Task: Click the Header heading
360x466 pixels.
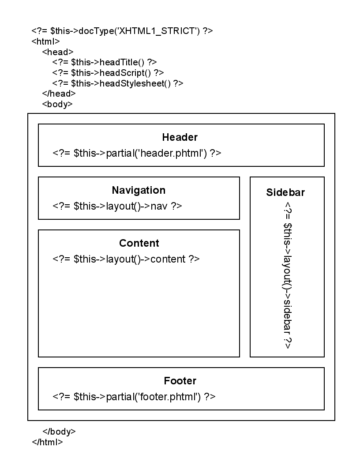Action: click(180, 137)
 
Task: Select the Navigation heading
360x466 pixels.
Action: click(139, 190)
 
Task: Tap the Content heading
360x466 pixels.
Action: click(139, 243)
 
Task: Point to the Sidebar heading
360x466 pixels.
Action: click(285, 192)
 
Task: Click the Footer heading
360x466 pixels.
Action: click(180, 381)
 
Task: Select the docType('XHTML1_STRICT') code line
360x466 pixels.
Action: click(122, 31)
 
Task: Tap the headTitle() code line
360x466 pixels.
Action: click(104, 62)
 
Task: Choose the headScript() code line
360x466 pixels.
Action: click(108, 72)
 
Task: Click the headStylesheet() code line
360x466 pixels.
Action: click(117, 83)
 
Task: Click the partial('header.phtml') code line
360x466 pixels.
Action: click(137, 153)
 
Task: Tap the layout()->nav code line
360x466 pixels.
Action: click(117, 206)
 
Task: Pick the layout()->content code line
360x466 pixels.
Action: click(126, 259)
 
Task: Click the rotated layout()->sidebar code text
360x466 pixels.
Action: click(287, 276)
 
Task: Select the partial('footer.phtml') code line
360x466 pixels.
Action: click(134, 396)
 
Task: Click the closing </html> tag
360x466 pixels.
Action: click(47, 442)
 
